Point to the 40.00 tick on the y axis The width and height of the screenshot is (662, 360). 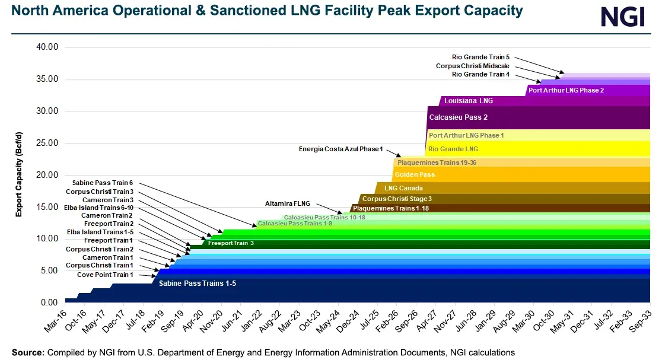pyautogui.click(x=45, y=47)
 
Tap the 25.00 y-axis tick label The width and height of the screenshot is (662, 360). pyautogui.click(x=45, y=144)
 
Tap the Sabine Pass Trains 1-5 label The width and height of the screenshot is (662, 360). pyautogui.click(x=197, y=284)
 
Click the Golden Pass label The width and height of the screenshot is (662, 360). pyautogui.click(x=415, y=175)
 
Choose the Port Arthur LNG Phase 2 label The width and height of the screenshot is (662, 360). pyautogui.click(x=566, y=91)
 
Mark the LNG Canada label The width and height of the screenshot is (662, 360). pyautogui.click(x=403, y=189)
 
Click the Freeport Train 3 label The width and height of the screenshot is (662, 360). pyautogui.click(x=230, y=243)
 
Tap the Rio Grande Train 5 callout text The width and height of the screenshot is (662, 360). pyautogui.click(x=480, y=57)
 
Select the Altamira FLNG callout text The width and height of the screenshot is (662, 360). pyautogui.click(x=288, y=203)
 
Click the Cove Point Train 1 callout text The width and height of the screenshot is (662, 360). pyautogui.click(x=105, y=275)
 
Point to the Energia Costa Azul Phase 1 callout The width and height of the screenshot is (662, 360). pyautogui.click(x=341, y=149)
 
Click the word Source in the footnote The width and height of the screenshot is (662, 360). pyautogui.click(x=27, y=352)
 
